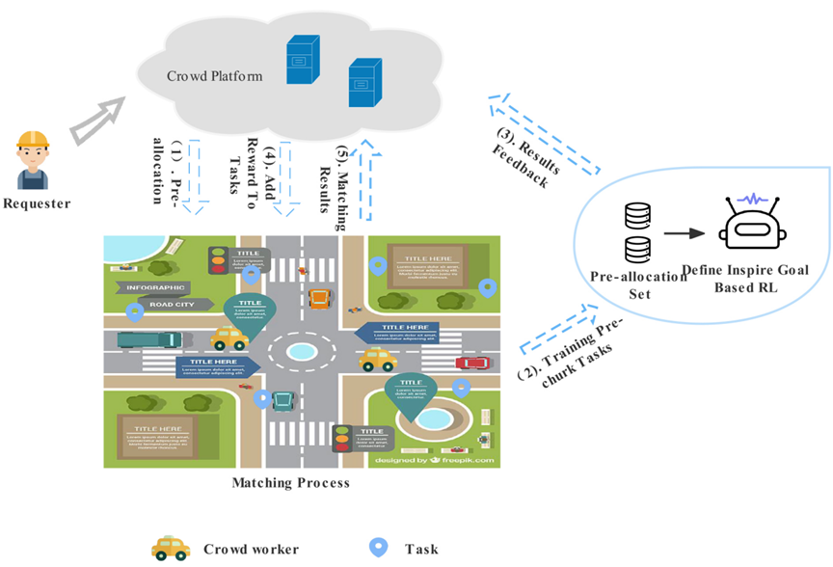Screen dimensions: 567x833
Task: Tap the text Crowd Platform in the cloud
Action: tap(214, 75)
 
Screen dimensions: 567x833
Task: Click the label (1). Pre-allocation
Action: tap(166, 171)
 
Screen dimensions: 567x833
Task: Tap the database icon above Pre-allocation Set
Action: tap(635, 231)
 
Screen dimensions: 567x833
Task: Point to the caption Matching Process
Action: tap(290, 481)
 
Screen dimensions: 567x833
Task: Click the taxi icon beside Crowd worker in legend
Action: tap(172, 549)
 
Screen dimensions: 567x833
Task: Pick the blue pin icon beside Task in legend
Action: tap(378, 548)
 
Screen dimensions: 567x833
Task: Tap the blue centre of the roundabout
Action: tap(302, 351)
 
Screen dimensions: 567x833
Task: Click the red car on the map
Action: tap(471, 363)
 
